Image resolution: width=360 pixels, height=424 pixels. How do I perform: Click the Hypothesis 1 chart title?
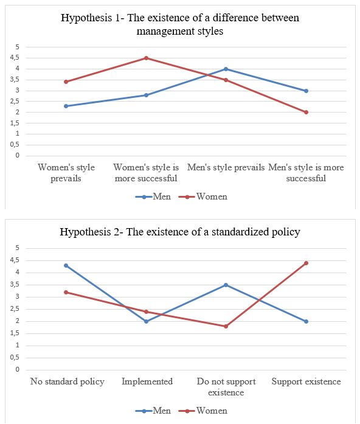(x=180, y=24)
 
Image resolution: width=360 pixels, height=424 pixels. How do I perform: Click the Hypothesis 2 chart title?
(x=180, y=232)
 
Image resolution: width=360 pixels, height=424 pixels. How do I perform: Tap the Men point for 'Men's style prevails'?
(x=226, y=69)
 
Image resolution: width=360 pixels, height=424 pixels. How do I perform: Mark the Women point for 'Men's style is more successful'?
(x=306, y=112)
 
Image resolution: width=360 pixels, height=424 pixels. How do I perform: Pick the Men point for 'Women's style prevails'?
(x=66, y=106)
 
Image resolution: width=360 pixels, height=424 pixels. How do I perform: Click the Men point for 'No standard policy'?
(x=66, y=265)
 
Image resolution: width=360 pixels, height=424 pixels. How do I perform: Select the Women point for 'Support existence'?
(x=306, y=263)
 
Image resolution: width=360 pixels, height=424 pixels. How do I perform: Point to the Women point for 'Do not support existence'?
(x=226, y=326)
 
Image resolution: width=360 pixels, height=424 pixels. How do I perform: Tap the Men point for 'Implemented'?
(x=146, y=321)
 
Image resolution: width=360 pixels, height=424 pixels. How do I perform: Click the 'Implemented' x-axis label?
(x=147, y=381)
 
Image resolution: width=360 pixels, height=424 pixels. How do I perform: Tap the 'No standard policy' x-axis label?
(x=67, y=381)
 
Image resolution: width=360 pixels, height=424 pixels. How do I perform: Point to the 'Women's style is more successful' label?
(x=146, y=173)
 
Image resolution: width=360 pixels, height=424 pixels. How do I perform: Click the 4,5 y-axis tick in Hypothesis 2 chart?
(x=17, y=260)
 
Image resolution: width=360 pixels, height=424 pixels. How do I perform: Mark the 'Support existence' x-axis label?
(x=306, y=381)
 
